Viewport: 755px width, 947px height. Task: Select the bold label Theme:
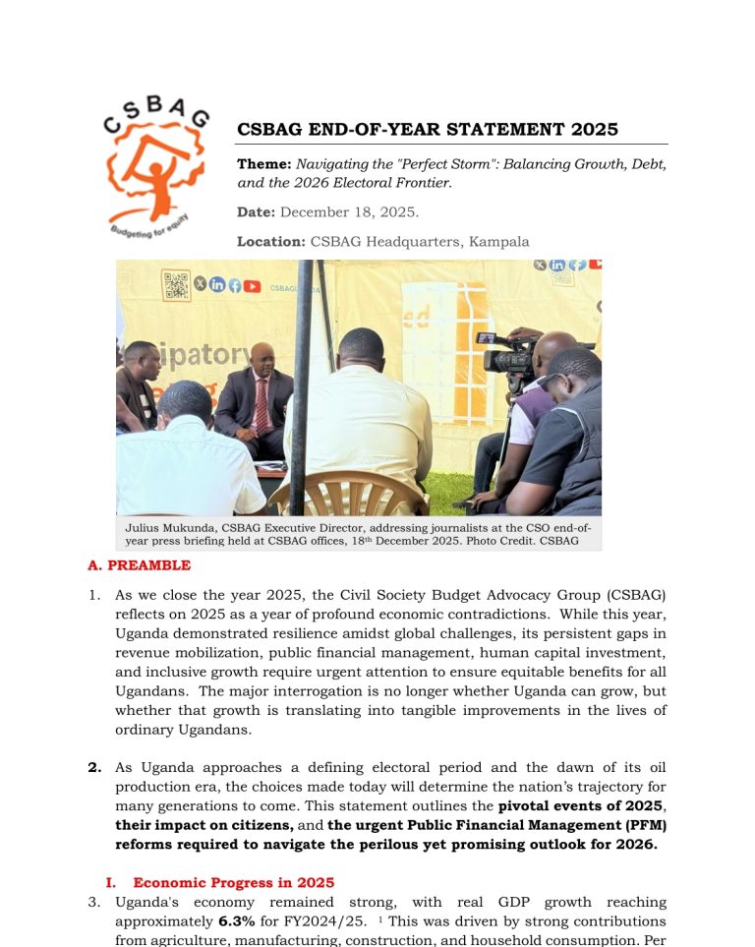(264, 164)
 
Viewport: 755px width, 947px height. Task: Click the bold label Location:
(271, 241)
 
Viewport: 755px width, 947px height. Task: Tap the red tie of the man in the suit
(261, 403)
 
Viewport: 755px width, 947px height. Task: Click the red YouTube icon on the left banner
(253, 286)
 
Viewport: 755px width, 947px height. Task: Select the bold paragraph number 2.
(94, 767)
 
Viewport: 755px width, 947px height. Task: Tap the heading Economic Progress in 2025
(233, 882)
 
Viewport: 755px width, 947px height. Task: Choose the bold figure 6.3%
(236, 921)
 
